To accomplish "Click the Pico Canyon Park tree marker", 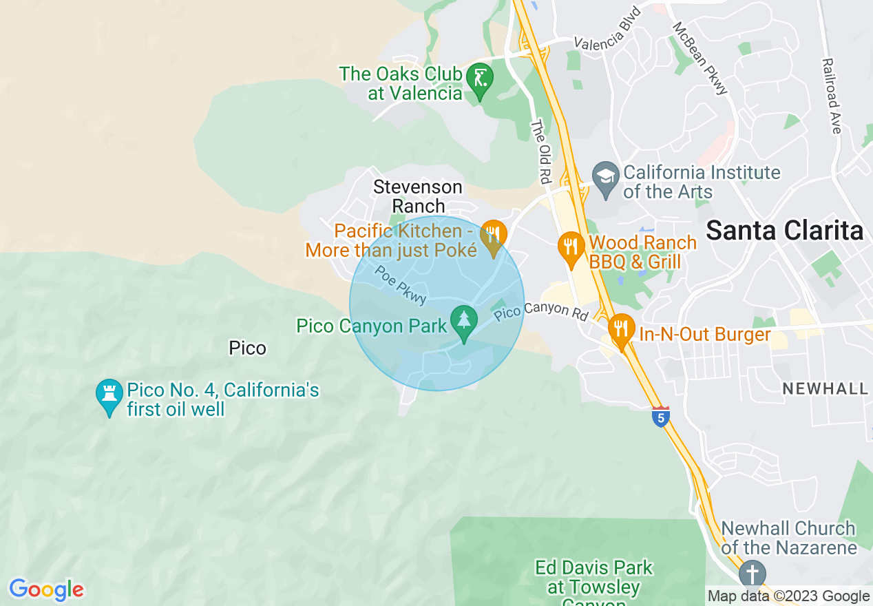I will coord(464,321).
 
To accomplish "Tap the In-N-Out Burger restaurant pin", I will coord(621,329).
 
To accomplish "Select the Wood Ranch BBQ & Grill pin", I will coord(570,247).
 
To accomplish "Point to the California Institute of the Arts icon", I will coord(606,178).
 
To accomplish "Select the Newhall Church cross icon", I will coord(752,574).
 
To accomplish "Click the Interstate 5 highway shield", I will coord(661,417).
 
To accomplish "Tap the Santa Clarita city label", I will coord(784,231).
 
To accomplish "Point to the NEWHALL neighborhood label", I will coord(825,389).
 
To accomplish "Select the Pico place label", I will coord(247,348).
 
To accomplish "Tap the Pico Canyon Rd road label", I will coord(541,311).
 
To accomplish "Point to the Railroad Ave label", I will coord(832,96).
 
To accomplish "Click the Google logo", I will coord(46,590).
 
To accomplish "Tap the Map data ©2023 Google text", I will coord(788,596).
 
